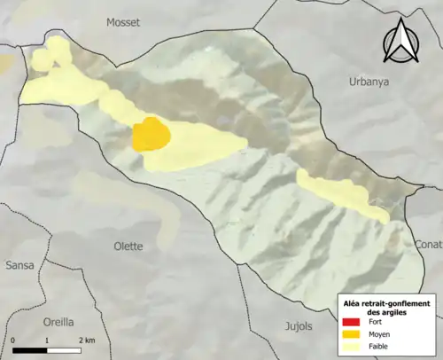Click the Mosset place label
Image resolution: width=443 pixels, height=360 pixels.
[x=123, y=21]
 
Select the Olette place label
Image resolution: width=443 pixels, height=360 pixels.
[x=129, y=246]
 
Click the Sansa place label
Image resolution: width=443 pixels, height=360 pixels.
[x=19, y=265]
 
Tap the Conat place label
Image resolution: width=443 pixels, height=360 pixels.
[x=428, y=245]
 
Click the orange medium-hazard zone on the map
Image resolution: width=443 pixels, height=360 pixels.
[x=152, y=136]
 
